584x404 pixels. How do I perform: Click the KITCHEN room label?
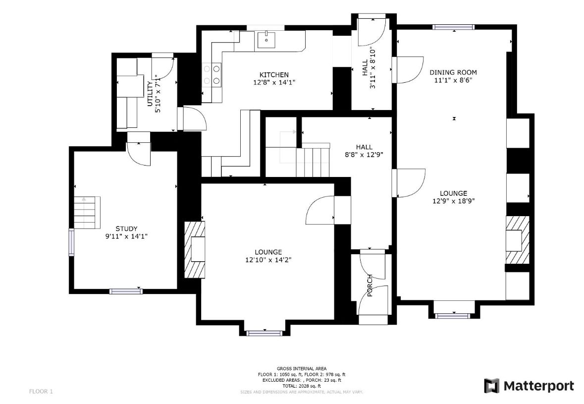coord(274,75)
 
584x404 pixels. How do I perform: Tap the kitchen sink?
coord(266,40)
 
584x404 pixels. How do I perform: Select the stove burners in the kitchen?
coord(212,74)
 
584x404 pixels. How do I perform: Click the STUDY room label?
coord(126,229)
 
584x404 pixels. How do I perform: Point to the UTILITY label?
coord(150,94)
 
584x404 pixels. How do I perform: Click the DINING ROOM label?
coord(453,72)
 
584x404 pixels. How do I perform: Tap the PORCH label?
coord(370,286)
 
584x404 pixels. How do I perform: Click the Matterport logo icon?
coord(491,386)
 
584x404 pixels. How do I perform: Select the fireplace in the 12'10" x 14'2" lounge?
coord(195,250)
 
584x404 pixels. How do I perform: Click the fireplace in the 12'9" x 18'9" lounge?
coord(517,240)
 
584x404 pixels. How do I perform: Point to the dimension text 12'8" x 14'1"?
coord(274,82)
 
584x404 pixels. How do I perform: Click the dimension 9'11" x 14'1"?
coord(126,236)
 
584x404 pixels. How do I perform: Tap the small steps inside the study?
coord(87,213)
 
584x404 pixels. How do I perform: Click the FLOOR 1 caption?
coord(41,391)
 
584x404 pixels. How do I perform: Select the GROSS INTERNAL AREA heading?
coord(302,369)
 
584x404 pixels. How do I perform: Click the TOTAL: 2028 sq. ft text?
coord(302,386)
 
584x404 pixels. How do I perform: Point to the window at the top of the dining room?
coord(453,27)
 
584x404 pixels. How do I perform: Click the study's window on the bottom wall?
coord(126,291)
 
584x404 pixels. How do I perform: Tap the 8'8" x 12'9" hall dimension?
coord(364,154)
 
